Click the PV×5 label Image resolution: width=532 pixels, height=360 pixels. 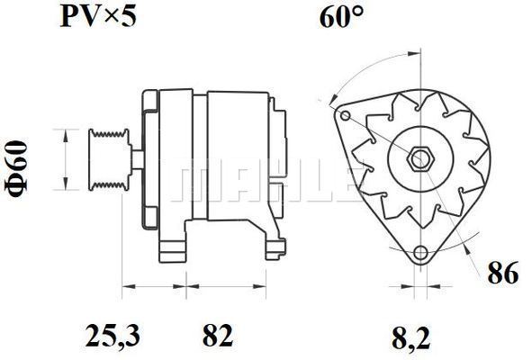98,16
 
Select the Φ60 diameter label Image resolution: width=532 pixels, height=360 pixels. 16,168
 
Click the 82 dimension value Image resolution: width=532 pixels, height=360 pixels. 218,336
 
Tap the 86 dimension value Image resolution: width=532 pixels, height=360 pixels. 503,273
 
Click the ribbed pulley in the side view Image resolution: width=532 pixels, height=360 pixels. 109,159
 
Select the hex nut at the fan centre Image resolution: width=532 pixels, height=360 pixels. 420,158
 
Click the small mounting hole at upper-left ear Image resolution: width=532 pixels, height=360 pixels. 346,116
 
